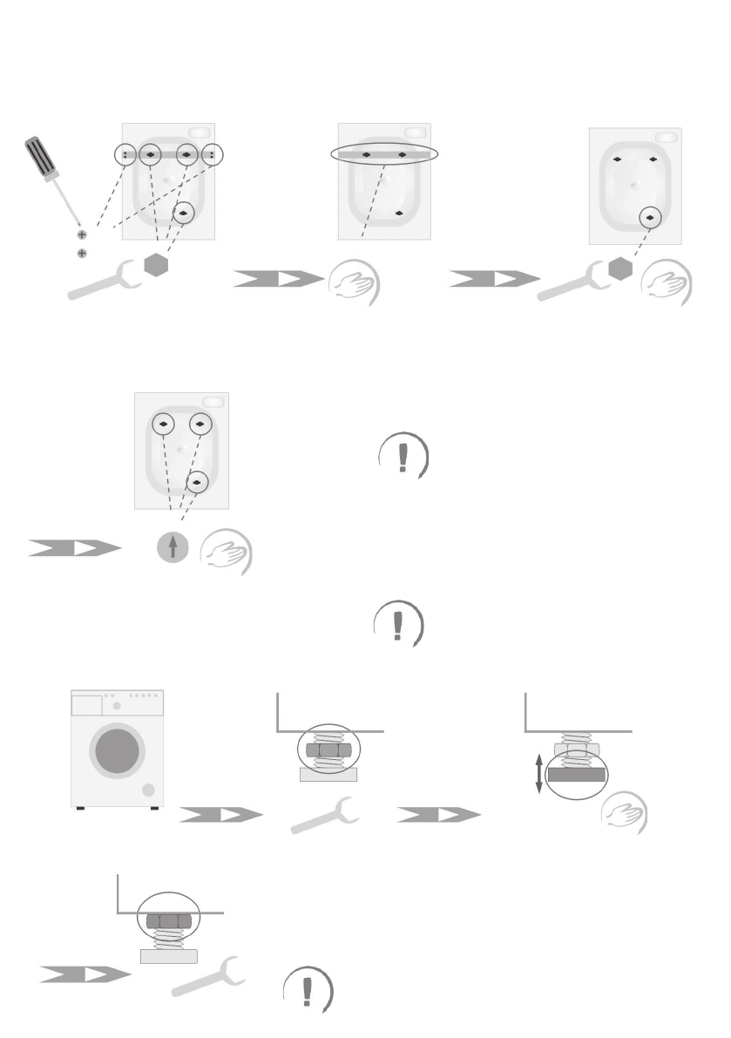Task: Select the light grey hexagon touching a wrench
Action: [x=619, y=270]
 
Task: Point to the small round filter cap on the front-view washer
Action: [x=147, y=790]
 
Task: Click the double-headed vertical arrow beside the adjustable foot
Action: [x=538, y=774]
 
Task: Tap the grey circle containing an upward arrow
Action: [x=173, y=547]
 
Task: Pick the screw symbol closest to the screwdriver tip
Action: [x=82, y=235]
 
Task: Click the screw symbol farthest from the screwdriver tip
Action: [x=82, y=253]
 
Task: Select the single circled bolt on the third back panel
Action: [x=650, y=217]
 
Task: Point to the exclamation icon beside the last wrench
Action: [x=308, y=990]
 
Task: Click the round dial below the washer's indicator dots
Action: [x=117, y=704]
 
